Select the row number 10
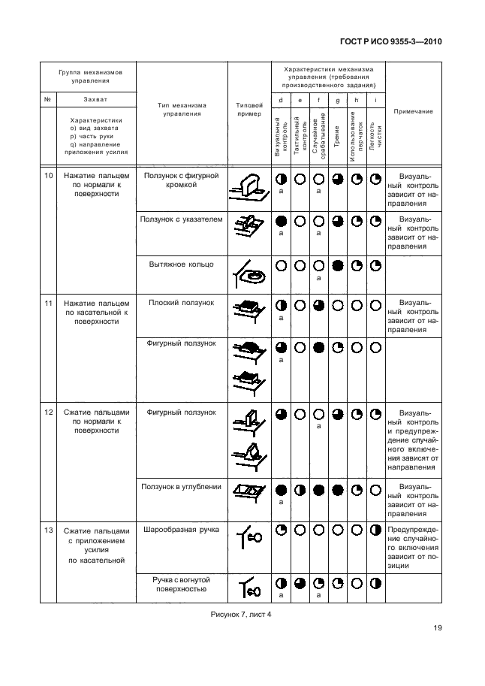[x=49, y=176]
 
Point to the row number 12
[x=49, y=413]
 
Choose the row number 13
[x=49, y=530]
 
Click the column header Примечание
[x=413, y=111]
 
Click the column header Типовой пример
[x=249, y=110]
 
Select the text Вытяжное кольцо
[x=181, y=264]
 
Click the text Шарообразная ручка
[x=181, y=530]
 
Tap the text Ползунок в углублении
[x=181, y=486]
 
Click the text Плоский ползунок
[x=181, y=302]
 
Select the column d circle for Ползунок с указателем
[x=281, y=221]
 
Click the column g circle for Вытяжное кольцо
[x=337, y=265]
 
